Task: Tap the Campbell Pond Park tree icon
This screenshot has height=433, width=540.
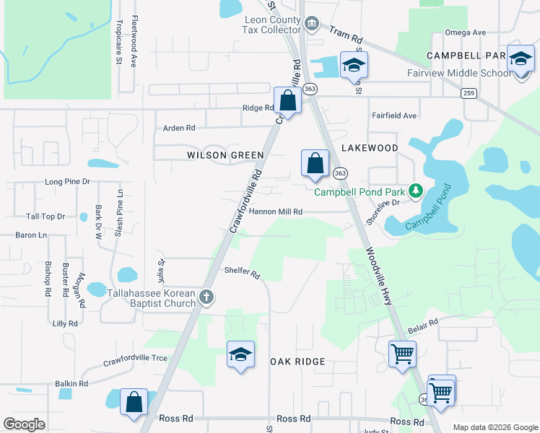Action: pos(415,191)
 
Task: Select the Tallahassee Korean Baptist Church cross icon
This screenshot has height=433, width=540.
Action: pos(206,297)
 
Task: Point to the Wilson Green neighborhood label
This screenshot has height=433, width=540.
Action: pos(225,155)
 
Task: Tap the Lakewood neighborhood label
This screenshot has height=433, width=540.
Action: pos(369,148)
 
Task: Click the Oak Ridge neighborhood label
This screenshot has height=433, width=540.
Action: pos(297,361)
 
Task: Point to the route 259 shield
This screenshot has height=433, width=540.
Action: pos(469,93)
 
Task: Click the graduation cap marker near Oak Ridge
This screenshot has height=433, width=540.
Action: pos(240,354)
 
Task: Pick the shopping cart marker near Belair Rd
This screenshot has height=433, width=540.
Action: pos(402,354)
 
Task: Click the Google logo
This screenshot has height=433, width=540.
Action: pos(24,424)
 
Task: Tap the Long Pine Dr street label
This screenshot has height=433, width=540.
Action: pos(67,182)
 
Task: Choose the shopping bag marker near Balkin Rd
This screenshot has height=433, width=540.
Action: pos(134,402)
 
